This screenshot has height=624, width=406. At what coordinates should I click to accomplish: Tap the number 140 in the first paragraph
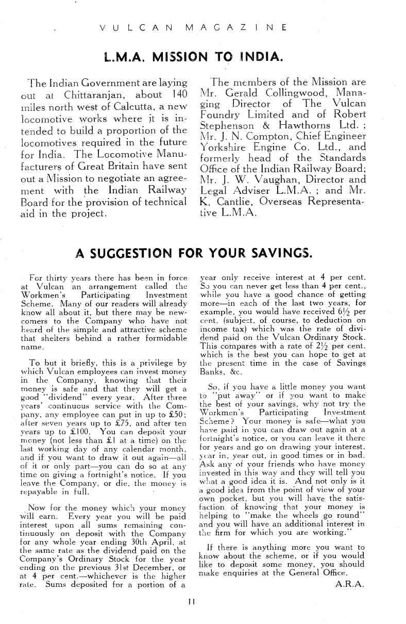[x=177, y=95]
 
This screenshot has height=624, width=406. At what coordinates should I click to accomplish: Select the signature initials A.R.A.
[x=349, y=584]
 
